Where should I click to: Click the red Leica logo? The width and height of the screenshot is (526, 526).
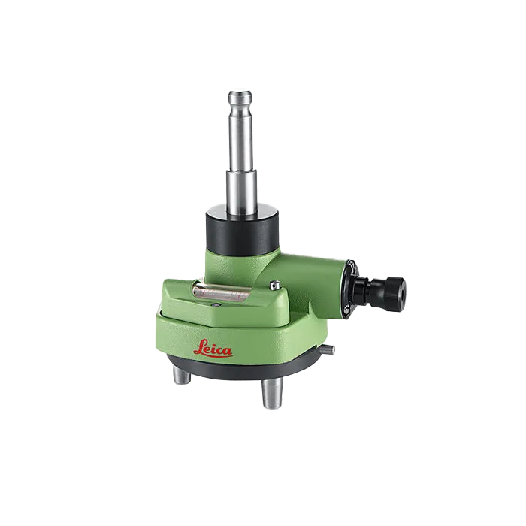click(x=213, y=348)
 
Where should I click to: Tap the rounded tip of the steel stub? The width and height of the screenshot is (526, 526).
click(x=240, y=94)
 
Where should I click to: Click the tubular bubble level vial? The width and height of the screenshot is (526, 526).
click(x=222, y=291)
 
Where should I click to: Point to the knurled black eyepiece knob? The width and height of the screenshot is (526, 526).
click(x=395, y=289)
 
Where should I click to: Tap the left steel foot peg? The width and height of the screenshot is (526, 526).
click(x=182, y=375)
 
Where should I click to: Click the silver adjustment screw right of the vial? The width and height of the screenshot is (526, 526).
click(x=275, y=285)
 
